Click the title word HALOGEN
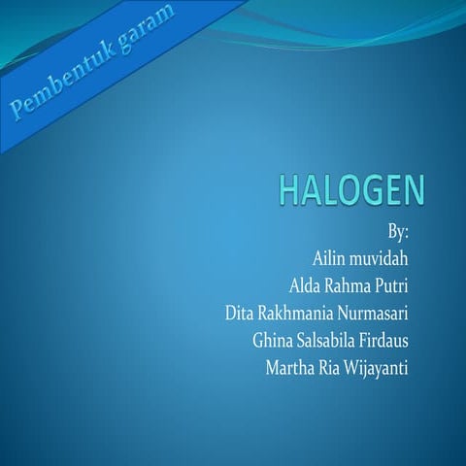pyautogui.click(x=351, y=190)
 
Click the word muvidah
pyautogui.click(x=380, y=260)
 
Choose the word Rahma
pyautogui.click(x=354, y=286)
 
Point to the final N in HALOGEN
pyautogui.click(x=413, y=190)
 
